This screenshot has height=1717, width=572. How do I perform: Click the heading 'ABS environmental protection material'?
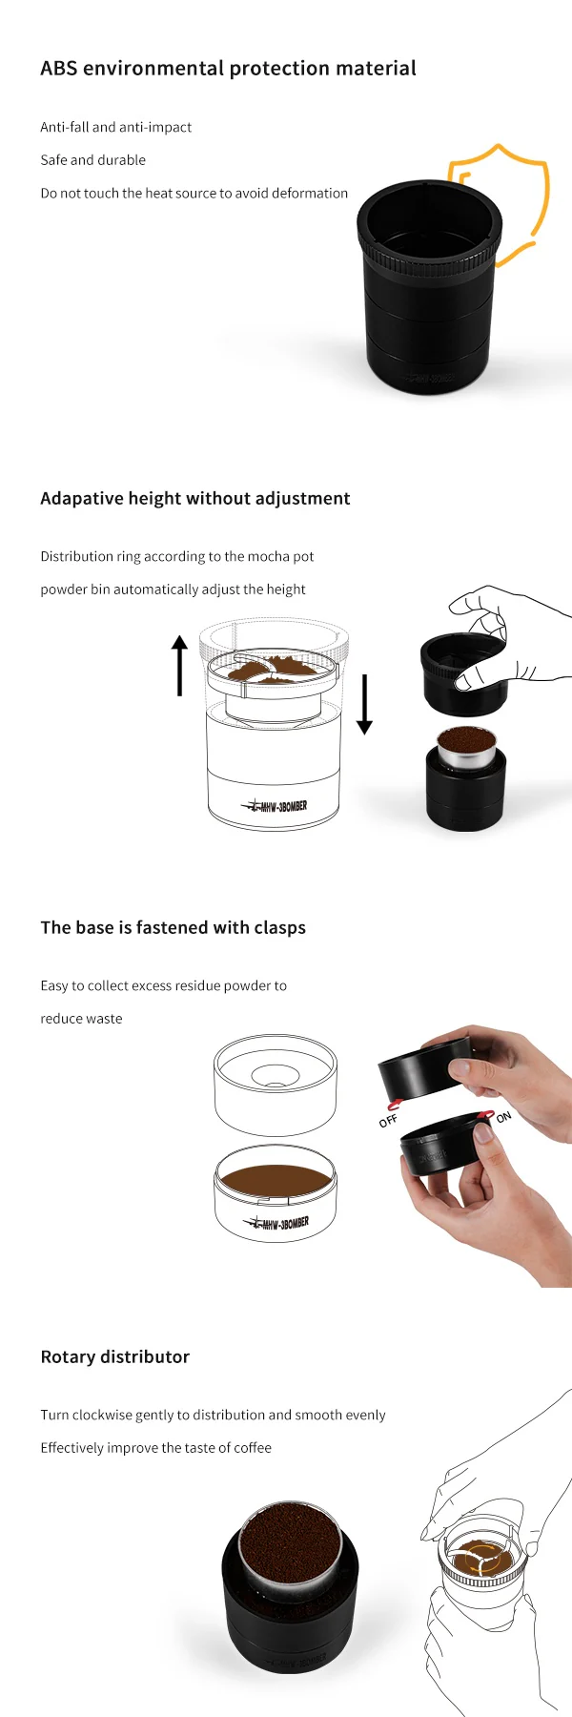228,69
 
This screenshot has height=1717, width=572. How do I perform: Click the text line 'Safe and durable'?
92,160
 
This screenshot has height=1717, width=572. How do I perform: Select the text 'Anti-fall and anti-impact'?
115,127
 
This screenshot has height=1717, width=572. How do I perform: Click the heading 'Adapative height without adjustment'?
194,498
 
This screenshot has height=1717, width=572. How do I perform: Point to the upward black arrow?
179,665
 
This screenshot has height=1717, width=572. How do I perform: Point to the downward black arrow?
364,704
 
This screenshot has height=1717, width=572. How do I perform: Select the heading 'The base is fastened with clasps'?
173,927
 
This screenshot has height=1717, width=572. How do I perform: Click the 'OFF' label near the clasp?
388,1121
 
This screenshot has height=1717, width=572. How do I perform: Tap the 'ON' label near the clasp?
503,1117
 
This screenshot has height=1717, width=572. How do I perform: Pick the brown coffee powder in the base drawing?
276,1179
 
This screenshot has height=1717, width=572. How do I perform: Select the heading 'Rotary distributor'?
114,1356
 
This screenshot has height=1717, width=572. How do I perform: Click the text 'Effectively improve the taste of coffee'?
155,1448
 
